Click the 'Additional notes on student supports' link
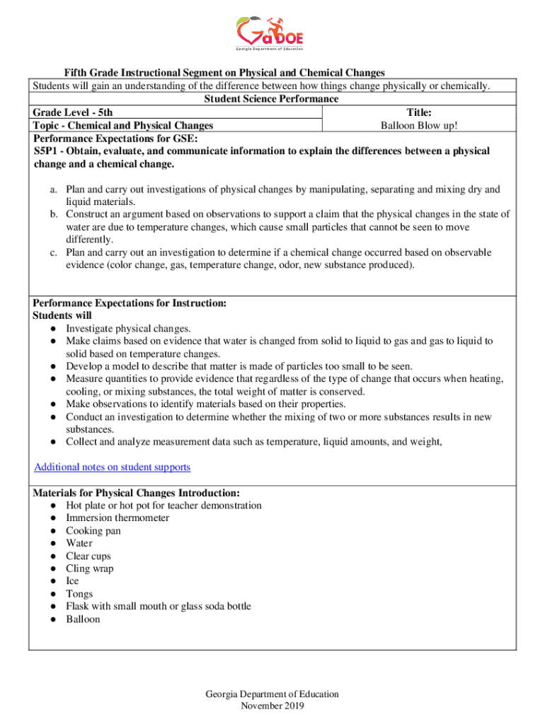tap(112, 467)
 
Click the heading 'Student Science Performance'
tap(271, 100)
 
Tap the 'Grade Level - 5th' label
tap(72, 112)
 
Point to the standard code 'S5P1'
tap(47, 151)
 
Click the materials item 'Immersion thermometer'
tap(117, 518)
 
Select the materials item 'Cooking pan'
tap(93, 531)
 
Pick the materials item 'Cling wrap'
tap(89, 568)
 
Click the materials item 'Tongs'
tap(79, 594)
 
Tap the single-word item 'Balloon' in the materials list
tap(83, 619)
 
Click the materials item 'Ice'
tap(73, 581)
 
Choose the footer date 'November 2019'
tap(272, 706)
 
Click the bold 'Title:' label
tap(419, 112)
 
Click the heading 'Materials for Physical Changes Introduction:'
tap(136, 493)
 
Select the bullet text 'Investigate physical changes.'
tap(128, 329)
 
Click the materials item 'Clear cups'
tap(88, 556)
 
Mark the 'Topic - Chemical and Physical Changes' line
tap(123, 126)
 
